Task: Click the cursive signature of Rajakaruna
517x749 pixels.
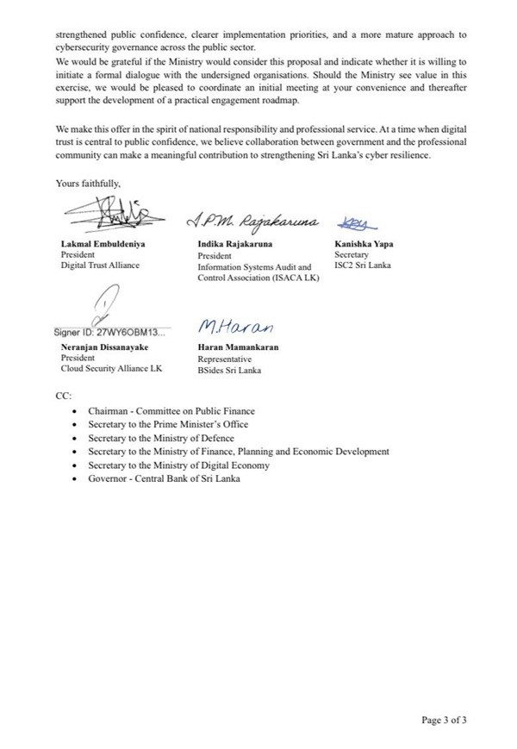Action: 252,223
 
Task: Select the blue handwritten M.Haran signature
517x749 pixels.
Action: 234,328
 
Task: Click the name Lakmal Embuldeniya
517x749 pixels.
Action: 103,244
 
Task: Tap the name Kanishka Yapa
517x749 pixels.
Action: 364,244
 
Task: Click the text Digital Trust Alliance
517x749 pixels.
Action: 99,265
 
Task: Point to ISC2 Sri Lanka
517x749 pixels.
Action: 362,265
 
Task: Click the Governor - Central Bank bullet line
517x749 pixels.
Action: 164,478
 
